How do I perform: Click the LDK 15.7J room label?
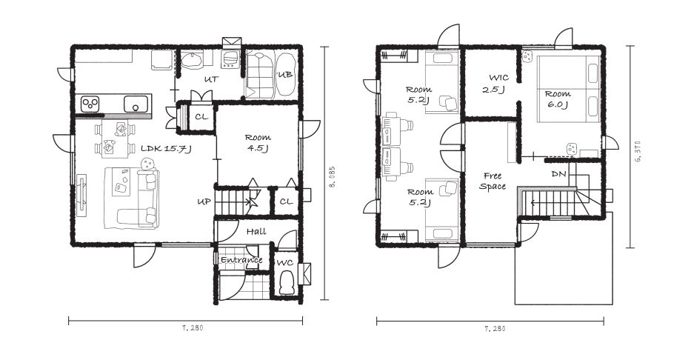(166, 149)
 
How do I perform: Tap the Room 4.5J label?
(258, 143)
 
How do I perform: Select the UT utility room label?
(211, 80)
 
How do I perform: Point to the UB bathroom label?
(285, 75)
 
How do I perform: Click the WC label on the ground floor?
(284, 263)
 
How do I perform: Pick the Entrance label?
(241, 260)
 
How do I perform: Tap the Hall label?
(256, 231)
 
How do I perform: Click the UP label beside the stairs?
(204, 201)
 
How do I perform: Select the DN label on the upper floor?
(558, 175)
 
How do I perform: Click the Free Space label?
(493, 181)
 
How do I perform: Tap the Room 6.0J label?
(558, 99)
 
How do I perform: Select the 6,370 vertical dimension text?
(637, 151)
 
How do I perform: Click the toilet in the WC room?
(287, 283)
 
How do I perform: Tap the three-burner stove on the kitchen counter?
(90, 104)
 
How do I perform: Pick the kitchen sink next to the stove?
(136, 104)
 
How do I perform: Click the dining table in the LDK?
(114, 138)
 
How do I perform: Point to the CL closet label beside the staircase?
(286, 201)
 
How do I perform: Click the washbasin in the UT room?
(192, 60)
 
